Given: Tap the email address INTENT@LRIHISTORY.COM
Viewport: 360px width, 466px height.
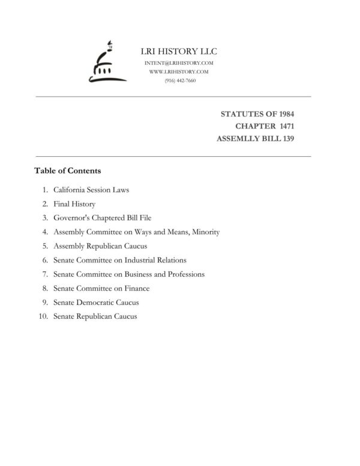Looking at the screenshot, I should (x=179, y=63).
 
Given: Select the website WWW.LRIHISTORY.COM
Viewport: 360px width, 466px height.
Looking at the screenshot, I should (x=179, y=71).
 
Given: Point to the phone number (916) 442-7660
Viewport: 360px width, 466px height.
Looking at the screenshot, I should (x=179, y=80).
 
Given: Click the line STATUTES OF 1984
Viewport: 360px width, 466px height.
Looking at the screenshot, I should (x=266, y=113).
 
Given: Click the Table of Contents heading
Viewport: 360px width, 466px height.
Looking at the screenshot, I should (x=67, y=171).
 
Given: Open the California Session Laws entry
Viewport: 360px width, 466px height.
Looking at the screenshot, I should (x=91, y=190).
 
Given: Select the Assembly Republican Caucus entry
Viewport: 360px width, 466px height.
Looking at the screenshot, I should (x=100, y=246).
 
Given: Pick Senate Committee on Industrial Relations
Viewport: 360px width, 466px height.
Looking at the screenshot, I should (x=119, y=260).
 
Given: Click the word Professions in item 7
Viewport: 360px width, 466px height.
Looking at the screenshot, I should (x=184, y=274).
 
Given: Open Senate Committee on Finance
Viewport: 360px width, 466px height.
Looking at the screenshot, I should (x=101, y=288).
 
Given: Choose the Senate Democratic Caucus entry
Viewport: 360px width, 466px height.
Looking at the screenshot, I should (x=96, y=302).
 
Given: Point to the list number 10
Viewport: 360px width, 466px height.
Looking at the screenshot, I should (x=43, y=316).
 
